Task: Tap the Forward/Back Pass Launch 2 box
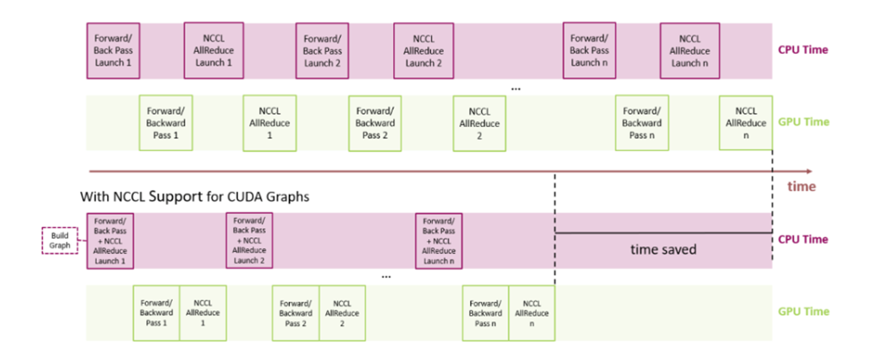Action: point(321,51)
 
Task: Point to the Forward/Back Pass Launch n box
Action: point(589,51)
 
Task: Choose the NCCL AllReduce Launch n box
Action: point(689,51)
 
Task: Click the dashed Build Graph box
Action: point(60,240)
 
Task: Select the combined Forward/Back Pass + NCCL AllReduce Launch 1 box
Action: point(110,240)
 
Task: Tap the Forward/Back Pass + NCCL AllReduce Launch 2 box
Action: point(249,240)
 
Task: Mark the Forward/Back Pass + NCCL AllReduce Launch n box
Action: point(439,240)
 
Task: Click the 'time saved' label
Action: point(663,250)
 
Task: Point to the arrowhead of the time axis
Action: point(809,171)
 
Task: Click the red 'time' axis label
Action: point(801,186)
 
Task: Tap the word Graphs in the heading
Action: point(290,197)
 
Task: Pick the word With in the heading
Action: point(94,197)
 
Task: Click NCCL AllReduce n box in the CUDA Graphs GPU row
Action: point(531,313)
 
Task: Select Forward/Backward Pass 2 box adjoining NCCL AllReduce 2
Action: point(295,313)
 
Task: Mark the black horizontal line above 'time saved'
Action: point(663,234)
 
